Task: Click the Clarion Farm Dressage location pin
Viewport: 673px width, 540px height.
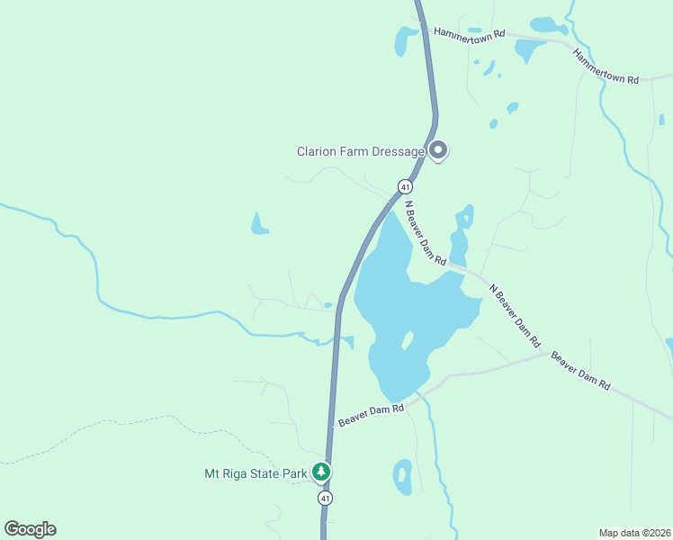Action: coord(438,150)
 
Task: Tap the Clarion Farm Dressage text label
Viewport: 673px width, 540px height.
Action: coord(361,151)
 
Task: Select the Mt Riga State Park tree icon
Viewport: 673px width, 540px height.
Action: coord(321,471)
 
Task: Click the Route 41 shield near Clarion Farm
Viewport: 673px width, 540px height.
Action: coord(405,186)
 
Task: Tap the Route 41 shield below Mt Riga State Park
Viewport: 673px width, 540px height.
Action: coord(325,498)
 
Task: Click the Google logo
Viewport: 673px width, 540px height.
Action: coord(30,529)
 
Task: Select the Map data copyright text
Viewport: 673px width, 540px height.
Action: coord(633,531)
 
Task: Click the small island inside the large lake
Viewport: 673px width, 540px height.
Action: coord(407,341)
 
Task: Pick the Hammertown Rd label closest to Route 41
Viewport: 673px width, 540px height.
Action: coord(469,32)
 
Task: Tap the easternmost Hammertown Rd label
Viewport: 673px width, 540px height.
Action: coord(606,67)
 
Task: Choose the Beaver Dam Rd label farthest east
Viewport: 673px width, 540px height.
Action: coord(581,372)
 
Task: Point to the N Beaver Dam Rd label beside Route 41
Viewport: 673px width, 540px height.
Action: coord(425,232)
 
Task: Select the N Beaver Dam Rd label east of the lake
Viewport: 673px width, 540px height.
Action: coord(515,316)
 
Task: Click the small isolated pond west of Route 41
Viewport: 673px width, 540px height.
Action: coord(259,225)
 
